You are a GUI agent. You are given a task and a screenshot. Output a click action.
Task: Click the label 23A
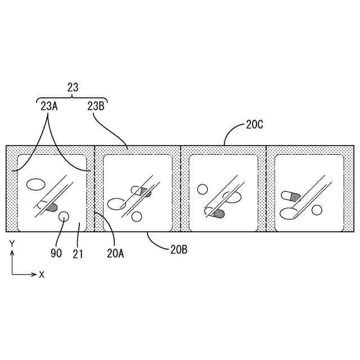pos(48,105)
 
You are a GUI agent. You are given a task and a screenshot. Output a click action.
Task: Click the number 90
pos(56,254)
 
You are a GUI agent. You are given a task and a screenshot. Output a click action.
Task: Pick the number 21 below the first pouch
pos(78,254)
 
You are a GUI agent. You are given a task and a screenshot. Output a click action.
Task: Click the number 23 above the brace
pos(73,87)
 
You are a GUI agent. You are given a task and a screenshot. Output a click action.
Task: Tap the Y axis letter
pos(12,244)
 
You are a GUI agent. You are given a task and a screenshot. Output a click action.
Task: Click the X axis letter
pos(42,274)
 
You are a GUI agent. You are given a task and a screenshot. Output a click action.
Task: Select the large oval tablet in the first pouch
pos(36,184)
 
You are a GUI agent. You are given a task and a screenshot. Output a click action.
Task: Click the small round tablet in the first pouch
pos(64,215)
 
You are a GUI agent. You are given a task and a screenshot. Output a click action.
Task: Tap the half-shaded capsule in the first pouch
pos(48,206)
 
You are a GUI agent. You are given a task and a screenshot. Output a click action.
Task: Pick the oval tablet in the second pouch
pos(117,204)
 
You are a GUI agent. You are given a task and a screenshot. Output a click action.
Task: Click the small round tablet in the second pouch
pos(136,217)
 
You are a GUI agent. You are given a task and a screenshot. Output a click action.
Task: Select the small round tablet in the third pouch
pos(203,190)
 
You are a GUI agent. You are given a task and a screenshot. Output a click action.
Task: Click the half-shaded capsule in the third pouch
pos(214,213)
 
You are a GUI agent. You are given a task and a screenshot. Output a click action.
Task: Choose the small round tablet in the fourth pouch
pos(317,210)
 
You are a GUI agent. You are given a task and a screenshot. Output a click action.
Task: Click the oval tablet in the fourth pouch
pos(289,213)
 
